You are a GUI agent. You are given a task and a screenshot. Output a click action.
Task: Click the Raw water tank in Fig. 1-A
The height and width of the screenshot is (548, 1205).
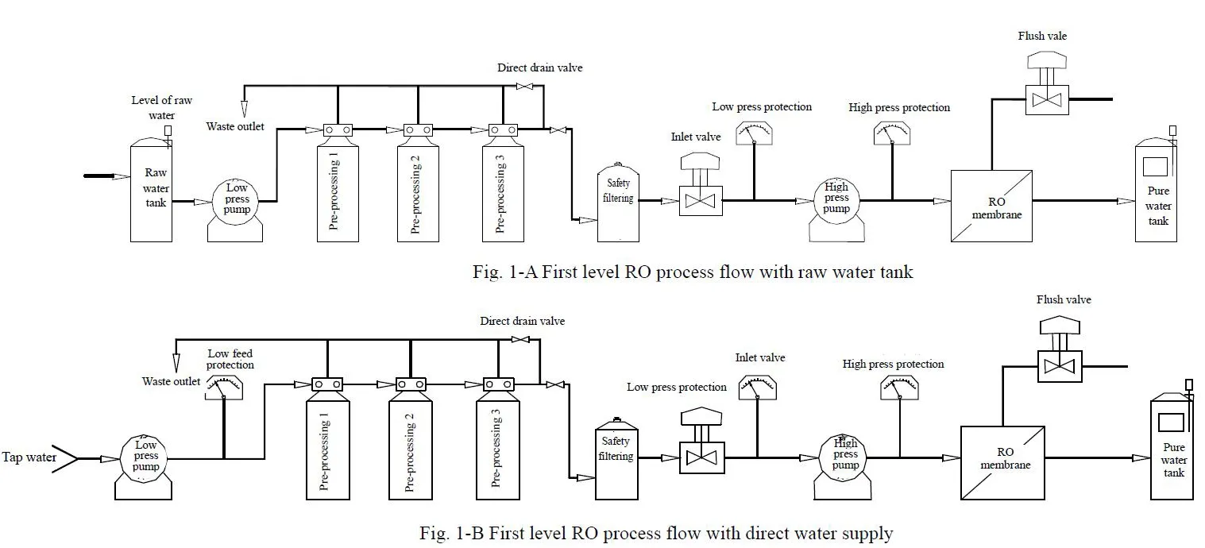(x=151, y=191)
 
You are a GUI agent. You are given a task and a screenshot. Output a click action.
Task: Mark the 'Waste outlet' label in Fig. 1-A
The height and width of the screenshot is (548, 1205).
(x=236, y=126)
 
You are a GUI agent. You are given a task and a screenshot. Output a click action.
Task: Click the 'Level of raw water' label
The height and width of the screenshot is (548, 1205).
(x=161, y=108)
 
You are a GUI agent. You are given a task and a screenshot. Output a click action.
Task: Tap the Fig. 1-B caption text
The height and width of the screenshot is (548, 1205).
(x=655, y=534)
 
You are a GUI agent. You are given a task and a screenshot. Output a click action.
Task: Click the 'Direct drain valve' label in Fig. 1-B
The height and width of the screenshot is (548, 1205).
(x=522, y=321)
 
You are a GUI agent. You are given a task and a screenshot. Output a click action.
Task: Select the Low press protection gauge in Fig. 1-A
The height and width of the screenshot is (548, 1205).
(x=755, y=134)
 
